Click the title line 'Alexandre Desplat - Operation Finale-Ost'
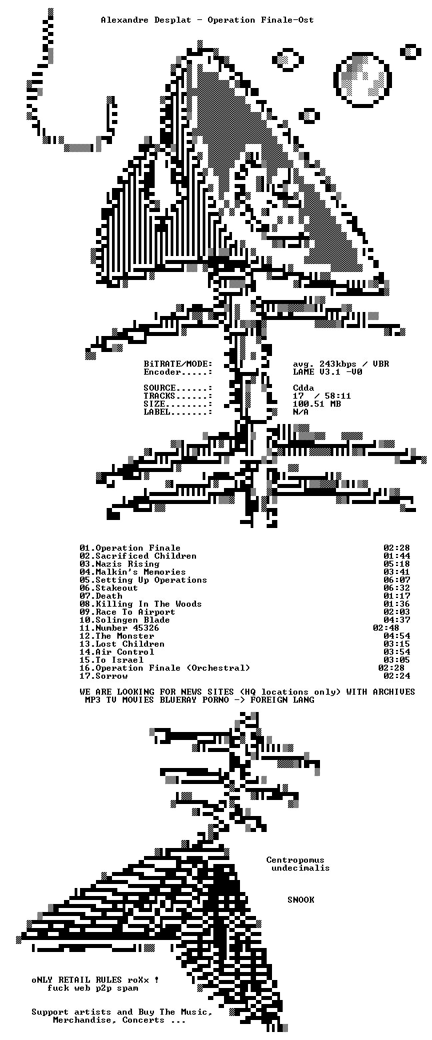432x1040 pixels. pos(207,20)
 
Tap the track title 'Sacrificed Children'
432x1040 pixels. pos(146,556)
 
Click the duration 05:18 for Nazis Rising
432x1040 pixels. pos(397,564)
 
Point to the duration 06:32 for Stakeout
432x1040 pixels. pos(397,588)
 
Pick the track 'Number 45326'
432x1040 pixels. pos(119,628)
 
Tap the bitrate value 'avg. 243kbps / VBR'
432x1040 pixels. pos(341,364)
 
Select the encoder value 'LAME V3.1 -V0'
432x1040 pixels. pos(327,372)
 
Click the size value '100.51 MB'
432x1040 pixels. pos(317,404)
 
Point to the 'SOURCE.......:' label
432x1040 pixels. pos(178,388)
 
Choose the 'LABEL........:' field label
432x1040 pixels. pos(178,412)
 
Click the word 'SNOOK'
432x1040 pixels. pos(301,900)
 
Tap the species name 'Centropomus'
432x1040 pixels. pos(295,860)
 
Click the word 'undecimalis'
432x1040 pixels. pos(301,868)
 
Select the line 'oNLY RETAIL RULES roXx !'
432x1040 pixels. pos(95,980)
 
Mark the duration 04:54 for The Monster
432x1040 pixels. pos(397,636)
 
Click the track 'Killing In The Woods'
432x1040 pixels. pos(149,604)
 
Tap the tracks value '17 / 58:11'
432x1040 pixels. pos(322,396)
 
